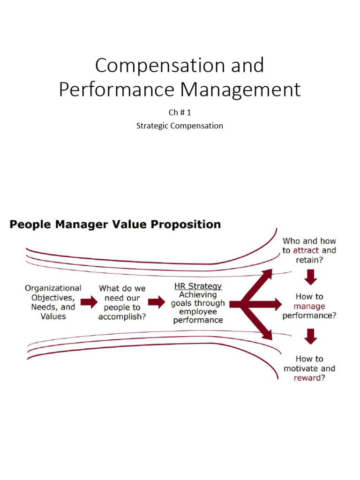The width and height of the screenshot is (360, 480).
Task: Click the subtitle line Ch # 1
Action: [x=180, y=113]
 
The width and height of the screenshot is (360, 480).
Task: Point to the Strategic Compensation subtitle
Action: [x=180, y=126]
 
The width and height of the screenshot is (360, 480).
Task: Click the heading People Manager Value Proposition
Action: [x=115, y=225]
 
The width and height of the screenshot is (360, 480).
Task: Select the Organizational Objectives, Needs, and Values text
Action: [x=53, y=302]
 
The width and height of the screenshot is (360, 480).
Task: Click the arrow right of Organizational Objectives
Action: [x=89, y=302]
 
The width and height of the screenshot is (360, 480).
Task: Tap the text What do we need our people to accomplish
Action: [x=122, y=302]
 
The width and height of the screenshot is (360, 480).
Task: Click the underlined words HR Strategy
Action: [x=198, y=286]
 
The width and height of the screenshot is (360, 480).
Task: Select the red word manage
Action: [x=309, y=306]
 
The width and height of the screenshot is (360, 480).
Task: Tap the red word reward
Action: [x=307, y=378]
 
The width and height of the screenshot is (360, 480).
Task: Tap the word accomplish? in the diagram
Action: [x=122, y=316]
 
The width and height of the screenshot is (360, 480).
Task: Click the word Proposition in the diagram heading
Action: [x=188, y=225]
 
